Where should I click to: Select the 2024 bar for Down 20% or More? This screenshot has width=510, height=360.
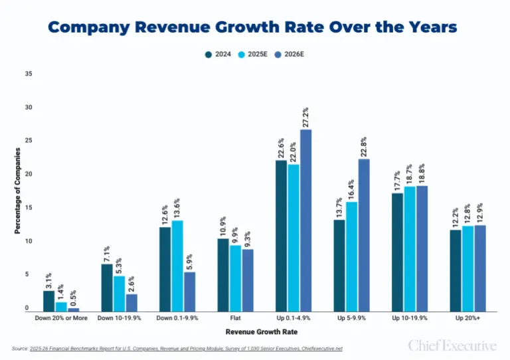(x=48, y=301)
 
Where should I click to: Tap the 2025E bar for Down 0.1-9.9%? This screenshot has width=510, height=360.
(x=177, y=266)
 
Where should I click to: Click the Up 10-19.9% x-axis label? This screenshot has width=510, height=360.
(x=410, y=319)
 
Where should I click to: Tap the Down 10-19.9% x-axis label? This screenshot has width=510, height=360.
(x=118, y=319)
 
